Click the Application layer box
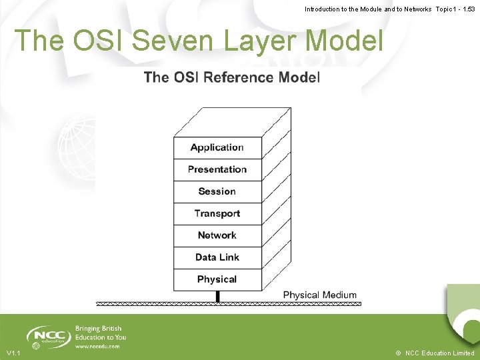217,147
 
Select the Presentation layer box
217,169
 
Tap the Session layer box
217,191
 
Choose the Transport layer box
217,213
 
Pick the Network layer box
217,235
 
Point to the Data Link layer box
217,257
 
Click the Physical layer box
217,279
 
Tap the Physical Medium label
319,295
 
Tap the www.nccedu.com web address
97,347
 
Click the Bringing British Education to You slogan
100,333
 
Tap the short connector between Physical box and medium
217,297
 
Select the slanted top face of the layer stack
232,123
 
